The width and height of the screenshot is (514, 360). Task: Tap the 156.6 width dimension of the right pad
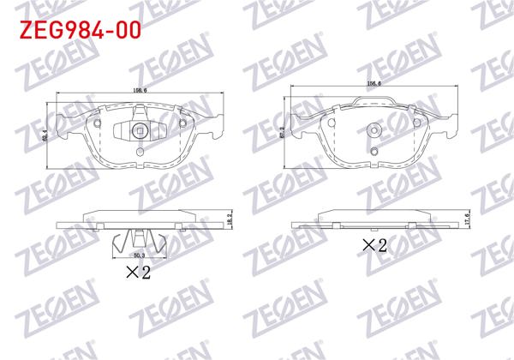(374, 83)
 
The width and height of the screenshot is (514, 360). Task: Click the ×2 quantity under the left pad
(139, 273)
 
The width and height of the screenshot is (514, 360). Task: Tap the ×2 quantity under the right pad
(374, 246)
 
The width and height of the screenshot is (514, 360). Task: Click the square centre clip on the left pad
(140, 132)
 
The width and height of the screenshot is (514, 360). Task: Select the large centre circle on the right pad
(374, 130)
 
